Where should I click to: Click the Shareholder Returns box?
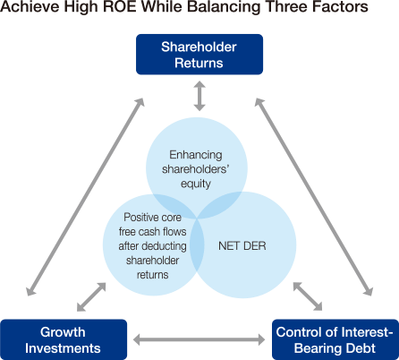point(199,55)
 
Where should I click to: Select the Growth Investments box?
point(64,339)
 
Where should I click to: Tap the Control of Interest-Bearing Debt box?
point(335,339)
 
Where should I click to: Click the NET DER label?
point(242,246)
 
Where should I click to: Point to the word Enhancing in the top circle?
point(196,155)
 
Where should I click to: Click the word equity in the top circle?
point(196,184)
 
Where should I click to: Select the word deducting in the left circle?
point(166,246)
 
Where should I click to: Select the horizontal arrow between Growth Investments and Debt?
point(199,339)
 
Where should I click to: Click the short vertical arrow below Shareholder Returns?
point(199,96)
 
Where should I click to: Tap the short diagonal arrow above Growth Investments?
point(91,297)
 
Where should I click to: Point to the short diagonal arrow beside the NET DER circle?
point(308,296)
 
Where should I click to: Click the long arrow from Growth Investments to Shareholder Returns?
point(86,197)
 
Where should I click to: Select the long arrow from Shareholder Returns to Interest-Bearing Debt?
point(314,197)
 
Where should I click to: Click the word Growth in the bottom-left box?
point(63,332)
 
